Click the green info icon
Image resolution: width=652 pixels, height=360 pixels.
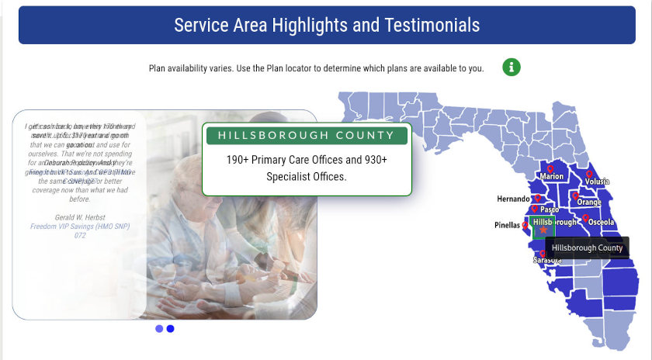point(511,67)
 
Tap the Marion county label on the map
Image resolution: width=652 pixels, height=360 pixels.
point(552,177)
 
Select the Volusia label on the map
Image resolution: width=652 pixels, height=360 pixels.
point(597,182)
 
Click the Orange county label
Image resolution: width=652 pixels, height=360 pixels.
point(589,202)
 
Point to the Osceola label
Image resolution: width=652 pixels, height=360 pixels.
point(601,222)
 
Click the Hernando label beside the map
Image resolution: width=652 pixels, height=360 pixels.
point(514,199)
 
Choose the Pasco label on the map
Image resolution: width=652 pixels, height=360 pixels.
point(550,209)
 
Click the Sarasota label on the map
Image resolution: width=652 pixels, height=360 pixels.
point(547,261)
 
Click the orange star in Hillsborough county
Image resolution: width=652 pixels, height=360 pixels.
point(543,230)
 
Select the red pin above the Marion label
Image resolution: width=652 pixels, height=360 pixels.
point(550,168)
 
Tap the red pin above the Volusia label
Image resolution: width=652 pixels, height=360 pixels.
point(590,174)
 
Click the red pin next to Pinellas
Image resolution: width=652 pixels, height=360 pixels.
point(525,225)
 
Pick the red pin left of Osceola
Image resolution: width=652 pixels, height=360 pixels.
point(585,219)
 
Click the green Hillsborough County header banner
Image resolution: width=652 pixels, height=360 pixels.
point(307,135)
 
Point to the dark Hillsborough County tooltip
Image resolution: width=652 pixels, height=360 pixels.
point(587,248)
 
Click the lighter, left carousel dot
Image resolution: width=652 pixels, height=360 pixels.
point(159,329)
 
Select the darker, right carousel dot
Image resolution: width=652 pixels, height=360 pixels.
point(171,329)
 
